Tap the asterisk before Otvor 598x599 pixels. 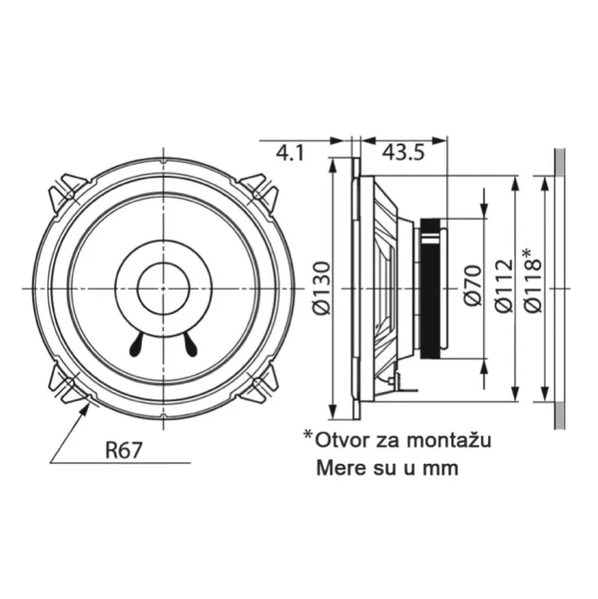[x=308, y=436]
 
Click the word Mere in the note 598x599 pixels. [x=337, y=468]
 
